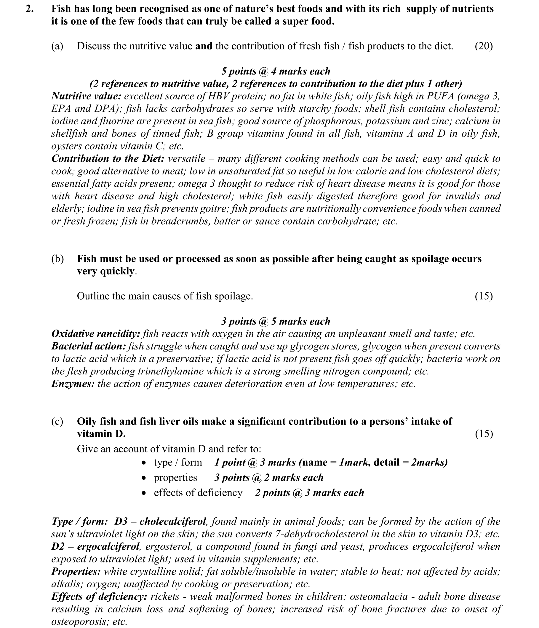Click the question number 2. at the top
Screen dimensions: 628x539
(x=30, y=9)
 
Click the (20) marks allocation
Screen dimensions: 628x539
(x=484, y=46)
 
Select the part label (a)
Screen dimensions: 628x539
(x=57, y=46)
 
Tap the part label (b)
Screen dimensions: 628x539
(x=57, y=259)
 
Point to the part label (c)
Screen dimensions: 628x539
(x=57, y=421)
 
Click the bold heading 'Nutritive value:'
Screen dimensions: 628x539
(x=86, y=96)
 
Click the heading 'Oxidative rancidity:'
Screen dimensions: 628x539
(x=96, y=334)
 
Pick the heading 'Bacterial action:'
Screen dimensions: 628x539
(x=88, y=346)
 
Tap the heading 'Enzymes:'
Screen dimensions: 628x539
(x=73, y=384)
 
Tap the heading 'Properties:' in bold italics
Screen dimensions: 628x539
(x=76, y=571)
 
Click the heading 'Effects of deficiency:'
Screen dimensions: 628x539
(x=99, y=597)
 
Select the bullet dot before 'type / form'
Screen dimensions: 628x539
(x=144, y=463)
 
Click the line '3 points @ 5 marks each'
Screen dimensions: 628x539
(x=276, y=321)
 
